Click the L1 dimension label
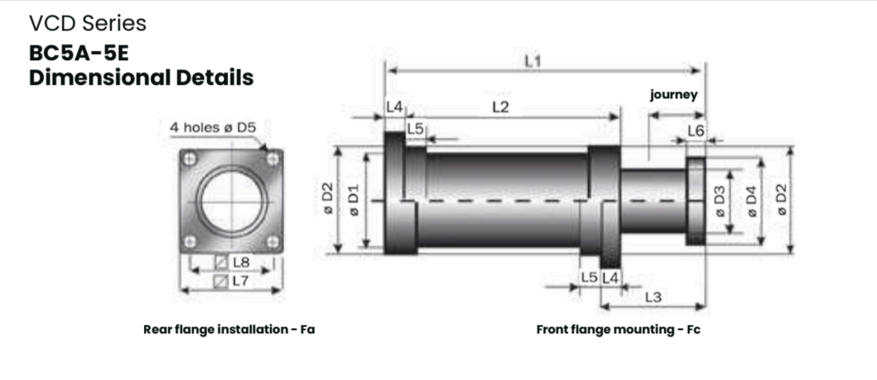tap(532, 62)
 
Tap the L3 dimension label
tap(652, 297)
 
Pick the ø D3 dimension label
tap(719, 200)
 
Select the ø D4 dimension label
tap(750, 200)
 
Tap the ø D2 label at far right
tap(780, 200)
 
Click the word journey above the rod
tap(673, 94)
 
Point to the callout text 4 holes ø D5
tap(213, 127)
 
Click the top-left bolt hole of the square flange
tap(191, 159)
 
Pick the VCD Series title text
tap(87, 23)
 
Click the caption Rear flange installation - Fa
tap(229, 329)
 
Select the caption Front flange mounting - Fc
tap(618, 329)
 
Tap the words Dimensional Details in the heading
tap(141, 78)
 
